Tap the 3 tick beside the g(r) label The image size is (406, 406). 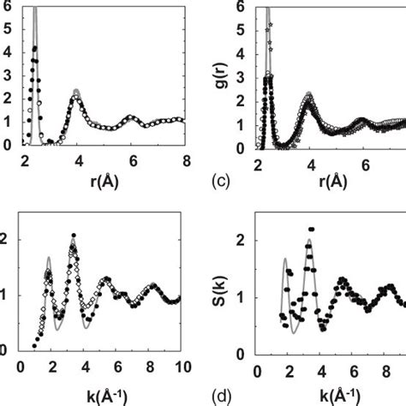tap(248, 75)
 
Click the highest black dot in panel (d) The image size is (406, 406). tap(311, 230)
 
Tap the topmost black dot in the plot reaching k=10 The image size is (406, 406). tap(74, 235)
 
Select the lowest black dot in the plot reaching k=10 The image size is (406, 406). tap(34, 346)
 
